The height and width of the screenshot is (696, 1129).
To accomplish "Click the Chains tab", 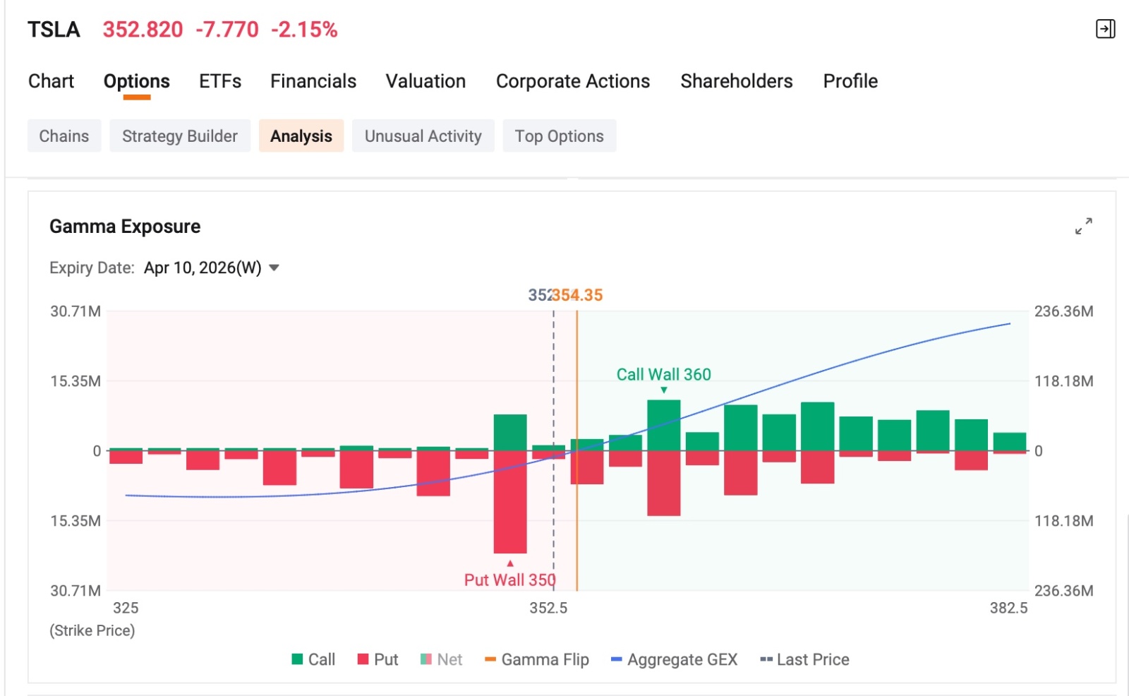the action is (x=64, y=136).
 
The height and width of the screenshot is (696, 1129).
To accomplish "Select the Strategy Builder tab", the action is (x=180, y=136).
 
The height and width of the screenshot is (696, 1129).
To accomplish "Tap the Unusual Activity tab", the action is (x=423, y=136).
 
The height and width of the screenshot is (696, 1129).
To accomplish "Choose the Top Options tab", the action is (x=559, y=136).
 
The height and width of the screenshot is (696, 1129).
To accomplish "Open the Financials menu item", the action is (x=313, y=81).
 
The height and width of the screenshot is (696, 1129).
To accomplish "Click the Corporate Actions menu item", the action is (x=573, y=81).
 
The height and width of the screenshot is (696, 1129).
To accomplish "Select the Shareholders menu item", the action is (x=737, y=81).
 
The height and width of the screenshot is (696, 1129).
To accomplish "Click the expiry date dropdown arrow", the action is (x=274, y=268).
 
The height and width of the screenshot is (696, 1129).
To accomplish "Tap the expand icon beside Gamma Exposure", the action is (x=1084, y=226).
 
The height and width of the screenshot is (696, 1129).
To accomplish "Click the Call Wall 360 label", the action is (x=663, y=374).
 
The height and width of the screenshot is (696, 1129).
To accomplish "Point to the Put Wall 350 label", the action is (x=509, y=580).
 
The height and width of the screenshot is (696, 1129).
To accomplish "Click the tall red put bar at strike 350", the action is (x=510, y=502).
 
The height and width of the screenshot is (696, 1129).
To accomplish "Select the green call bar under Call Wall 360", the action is (x=664, y=425).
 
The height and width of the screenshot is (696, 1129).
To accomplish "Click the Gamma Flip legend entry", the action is (x=537, y=659).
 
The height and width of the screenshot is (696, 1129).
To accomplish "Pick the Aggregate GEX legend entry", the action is (x=674, y=659).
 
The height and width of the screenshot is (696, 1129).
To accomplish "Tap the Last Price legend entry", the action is (x=804, y=659).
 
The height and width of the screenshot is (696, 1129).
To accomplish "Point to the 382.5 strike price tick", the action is (x=1008, y=608).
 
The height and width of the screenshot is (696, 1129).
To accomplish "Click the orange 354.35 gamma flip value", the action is (x=578, y=295).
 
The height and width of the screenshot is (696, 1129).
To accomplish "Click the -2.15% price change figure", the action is (x=304, y=30).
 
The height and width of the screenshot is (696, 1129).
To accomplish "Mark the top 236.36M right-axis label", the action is (x=1064, y=311).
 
